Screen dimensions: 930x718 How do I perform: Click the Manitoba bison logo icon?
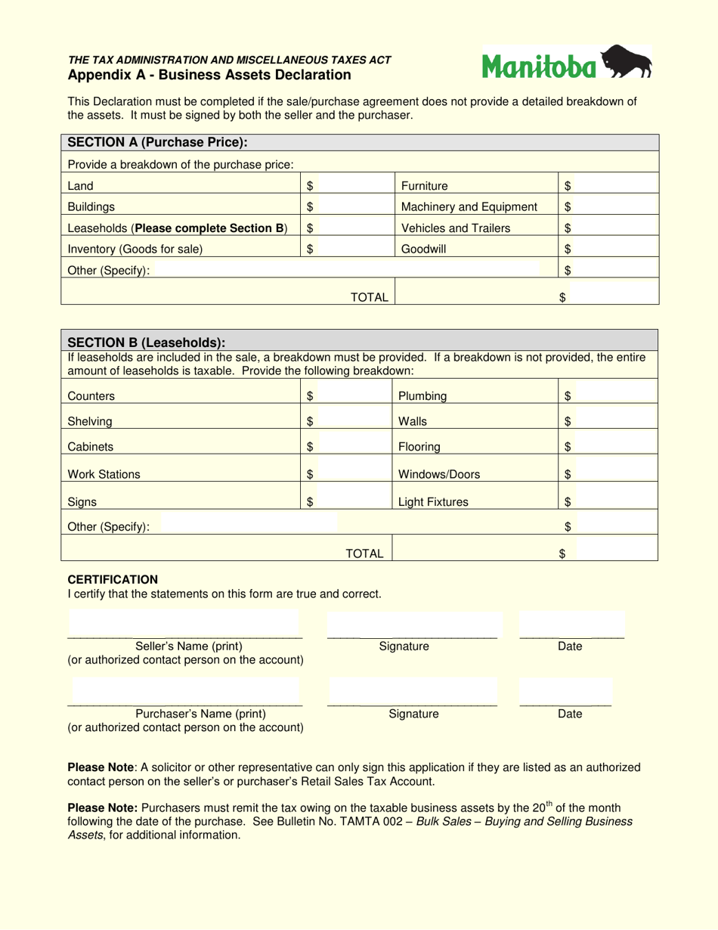pyautogui.click(x=627, y=62)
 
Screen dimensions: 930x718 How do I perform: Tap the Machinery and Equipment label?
pyautogui.click(x=469, y=207)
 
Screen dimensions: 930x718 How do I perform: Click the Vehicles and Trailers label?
pyautogui.click(x=455, y=228)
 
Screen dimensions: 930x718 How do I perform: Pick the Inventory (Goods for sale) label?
pyautogui.click(x=135, y=248)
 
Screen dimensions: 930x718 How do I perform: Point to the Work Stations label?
pyautogui.click(x=104, y=474)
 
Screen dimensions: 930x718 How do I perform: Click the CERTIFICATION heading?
pyautogui.click(x=113, y=579)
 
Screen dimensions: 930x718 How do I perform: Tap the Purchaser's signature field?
pyautogui.click(x=412, y=692)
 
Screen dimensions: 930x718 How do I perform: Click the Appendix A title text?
pyautogui.click(x=209, y=75)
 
